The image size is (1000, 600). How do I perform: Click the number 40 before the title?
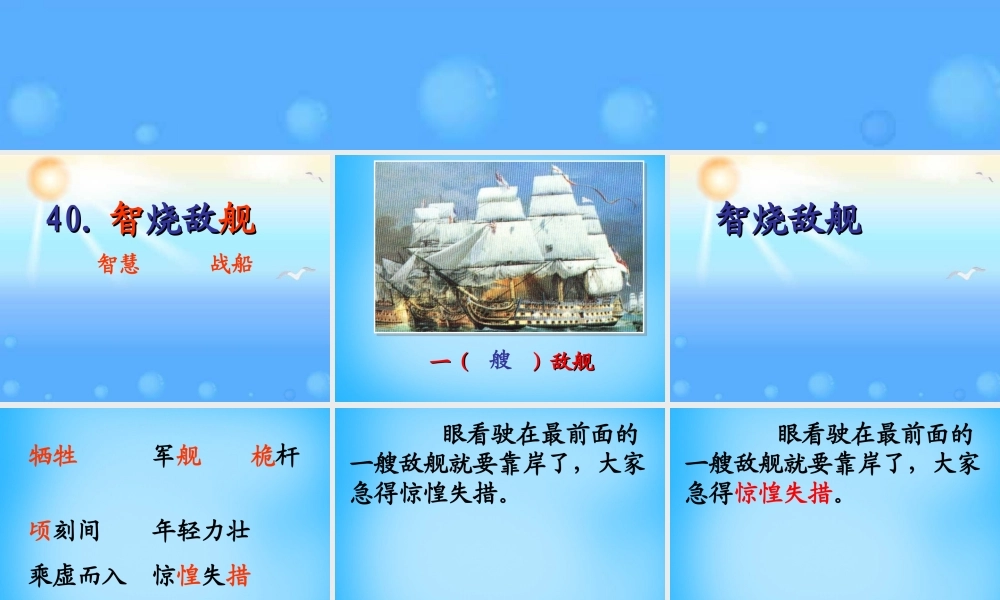coord(68,219)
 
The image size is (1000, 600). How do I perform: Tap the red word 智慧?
coord(118,265)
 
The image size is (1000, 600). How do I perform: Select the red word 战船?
coord(231,265)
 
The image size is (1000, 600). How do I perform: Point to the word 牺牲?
coord(53,457)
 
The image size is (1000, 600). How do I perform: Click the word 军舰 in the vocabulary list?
coord(176,457)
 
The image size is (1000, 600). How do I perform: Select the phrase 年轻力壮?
coord(200,530)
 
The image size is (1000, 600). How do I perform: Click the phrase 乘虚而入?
coord(77,575)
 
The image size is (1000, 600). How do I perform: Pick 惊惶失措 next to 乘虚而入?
coord(200,575)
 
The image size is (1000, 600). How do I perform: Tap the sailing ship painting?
coord(508,246)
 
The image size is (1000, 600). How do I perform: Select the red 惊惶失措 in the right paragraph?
coord(783,493)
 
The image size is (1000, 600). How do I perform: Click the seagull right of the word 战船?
coord(295,272)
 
